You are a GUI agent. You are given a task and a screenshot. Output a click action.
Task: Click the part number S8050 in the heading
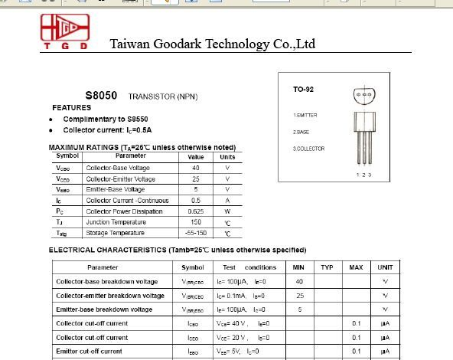pyautogui.click(x=101, y=96)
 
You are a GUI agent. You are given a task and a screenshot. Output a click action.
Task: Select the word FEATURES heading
pyautogui.click(x=71, y=108)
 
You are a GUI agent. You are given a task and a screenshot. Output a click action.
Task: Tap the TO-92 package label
pyautogui.click(x=303, y=90)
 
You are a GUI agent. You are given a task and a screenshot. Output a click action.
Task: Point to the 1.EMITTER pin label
pyautogui.click(x=305, y=115)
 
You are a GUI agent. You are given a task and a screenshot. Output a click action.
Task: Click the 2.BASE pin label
pyautogui.click(x=301, y=132)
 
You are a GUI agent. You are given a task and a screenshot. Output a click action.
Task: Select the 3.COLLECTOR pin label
pyautogui.click(x=308, y=149)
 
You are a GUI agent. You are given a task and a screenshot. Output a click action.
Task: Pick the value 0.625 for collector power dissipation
pyautogui.click(x=195, y=211)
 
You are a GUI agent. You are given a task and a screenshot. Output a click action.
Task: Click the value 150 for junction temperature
pyautogui.click(x=195, y=222)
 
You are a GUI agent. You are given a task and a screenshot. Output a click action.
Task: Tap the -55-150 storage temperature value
pyautogui.click(x=195, y=233)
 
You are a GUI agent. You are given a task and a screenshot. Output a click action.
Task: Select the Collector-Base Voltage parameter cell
pyautogui.click(x=118, y=168)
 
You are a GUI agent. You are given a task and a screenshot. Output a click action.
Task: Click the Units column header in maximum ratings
pyautogui.click(x=227, y=157)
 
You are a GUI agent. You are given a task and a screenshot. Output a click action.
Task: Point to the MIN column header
pyautogui.click(x=298, y=267)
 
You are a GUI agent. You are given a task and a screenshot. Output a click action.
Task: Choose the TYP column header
pyautogui.click(x=328, y=267)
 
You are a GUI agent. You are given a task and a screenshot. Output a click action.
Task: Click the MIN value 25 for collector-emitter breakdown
pyautogui.click(x=299, y=296)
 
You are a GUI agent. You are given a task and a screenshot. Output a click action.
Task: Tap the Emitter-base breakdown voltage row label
pyautogui.click(x=104, y=309)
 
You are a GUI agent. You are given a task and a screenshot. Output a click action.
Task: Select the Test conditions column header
pyautogui.click(x=249, y=267)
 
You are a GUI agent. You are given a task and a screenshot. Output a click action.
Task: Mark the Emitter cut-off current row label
pyautogui.click(x=89, y=351)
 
